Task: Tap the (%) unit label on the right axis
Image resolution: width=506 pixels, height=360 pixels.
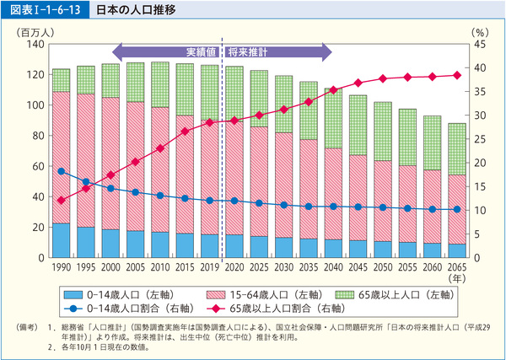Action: pyautogui.click(x=477, y=30)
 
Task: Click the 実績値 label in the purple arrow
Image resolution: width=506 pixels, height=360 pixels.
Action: pyautogui.click(x=202, y=51)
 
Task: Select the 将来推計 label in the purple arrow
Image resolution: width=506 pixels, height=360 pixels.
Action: pyautogui.click(x=245, y=51)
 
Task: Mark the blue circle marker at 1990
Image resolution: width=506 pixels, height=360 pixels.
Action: pyautogui.click(x=61, y=171)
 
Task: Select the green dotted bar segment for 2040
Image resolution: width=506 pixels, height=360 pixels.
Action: pyautogui.click(x=333, y=118)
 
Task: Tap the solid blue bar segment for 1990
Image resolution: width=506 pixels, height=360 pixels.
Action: pyautogui.click(x=61, y=239)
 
